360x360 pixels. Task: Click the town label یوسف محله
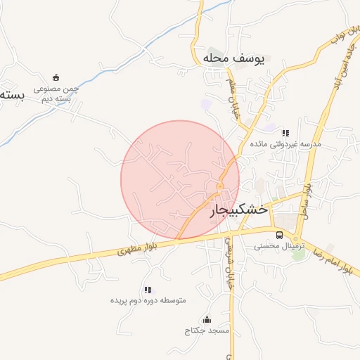pyautogui.click(x=233, y=58)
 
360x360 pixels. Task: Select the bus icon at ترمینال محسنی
pyautogui.click(x=280, y=235)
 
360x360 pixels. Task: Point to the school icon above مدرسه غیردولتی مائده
pyautogui.click(x=285, y=132)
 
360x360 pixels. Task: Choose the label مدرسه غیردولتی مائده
pyautogui.click(x=290, y=144)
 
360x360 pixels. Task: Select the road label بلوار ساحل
pyautogui.click(x=307, y=198)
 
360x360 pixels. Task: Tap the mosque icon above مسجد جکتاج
pyautogui.click(x=206, y=320)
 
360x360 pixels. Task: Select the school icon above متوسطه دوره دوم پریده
pyautogui.click(x=148, y=290)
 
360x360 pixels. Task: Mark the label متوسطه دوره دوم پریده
pyautogui.click(x=148, y=301)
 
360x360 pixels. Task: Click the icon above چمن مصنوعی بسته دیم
pyautogui.click(x=56, y=77)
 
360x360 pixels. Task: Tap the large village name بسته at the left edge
pyautogui.click(x=13, y=93)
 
